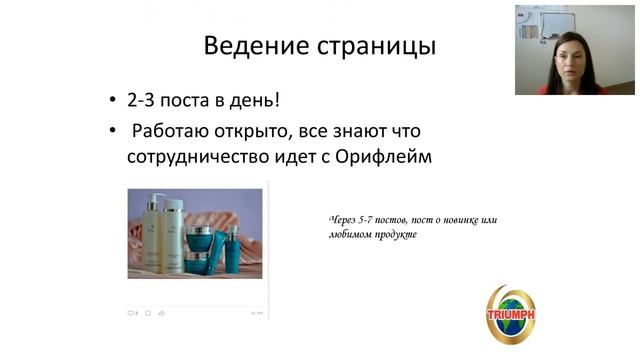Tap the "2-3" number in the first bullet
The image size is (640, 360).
point(142,102)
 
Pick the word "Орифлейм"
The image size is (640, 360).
point(385,156)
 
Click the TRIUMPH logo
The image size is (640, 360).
point(510,315)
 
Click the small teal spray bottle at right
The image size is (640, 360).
point(233,242)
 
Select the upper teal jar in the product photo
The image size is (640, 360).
point(204,238)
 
